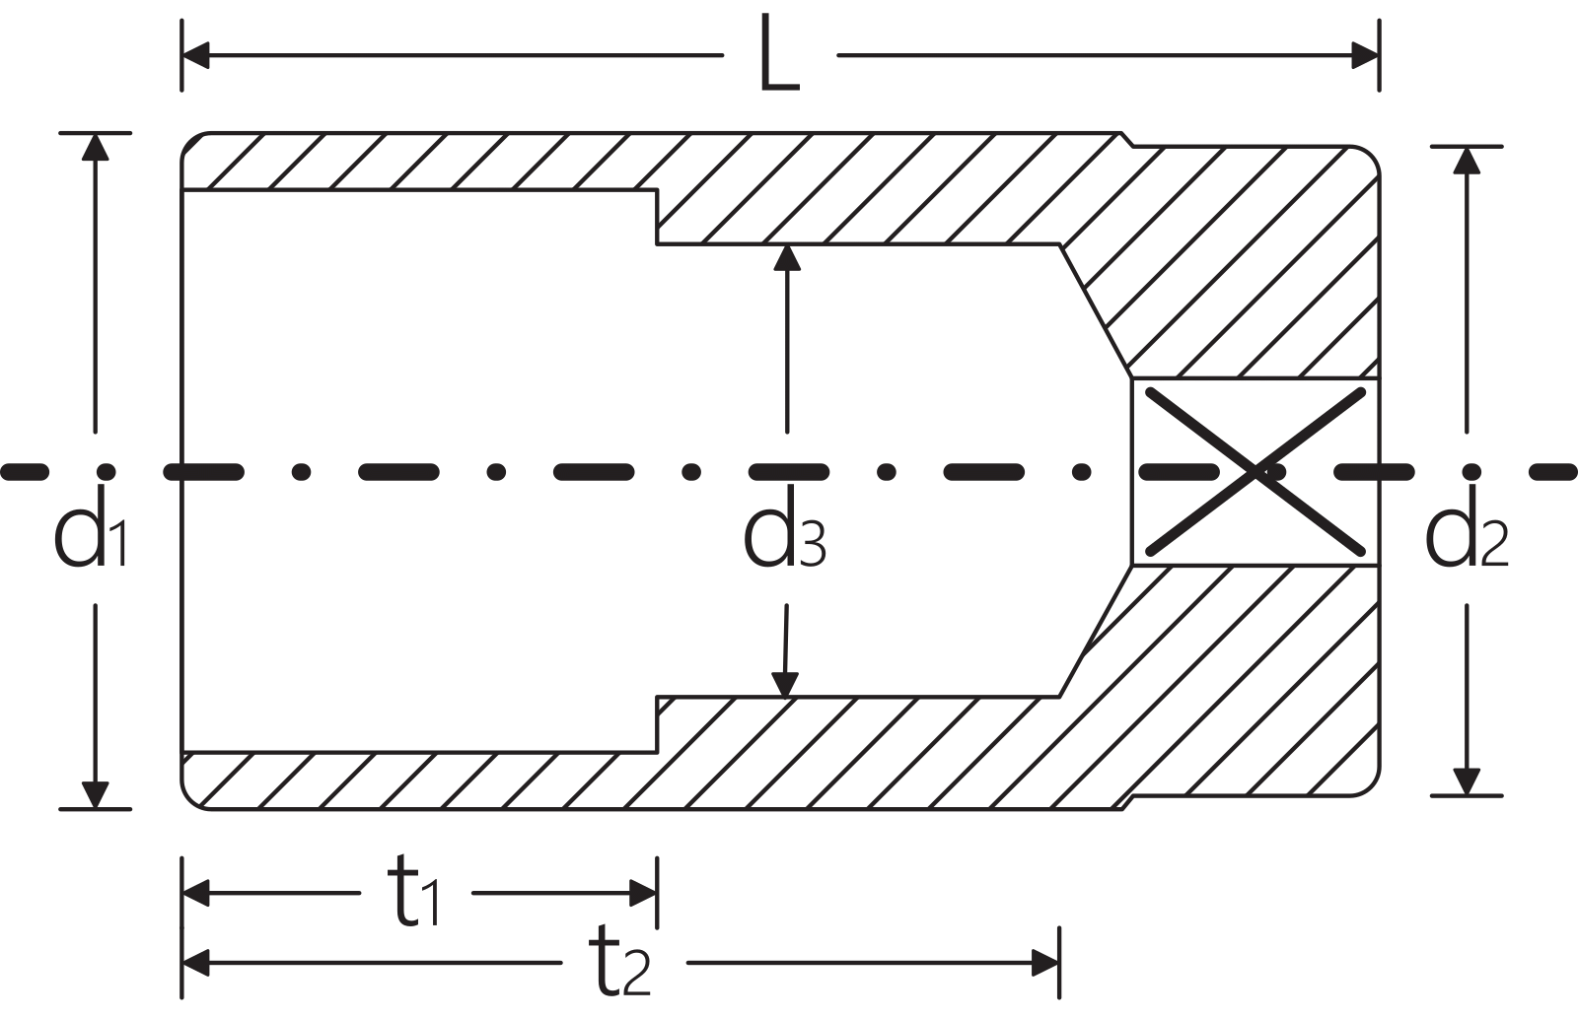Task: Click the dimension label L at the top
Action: pyautogui.click(x=779, y=55)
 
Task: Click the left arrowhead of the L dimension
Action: pyautogui.click(x=196, y=55)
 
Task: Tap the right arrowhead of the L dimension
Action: pyautogui.click(x=1365, y=55)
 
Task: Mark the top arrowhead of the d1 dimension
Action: pyautogui.click(x=95, y=147)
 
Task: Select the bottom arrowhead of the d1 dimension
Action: pyautogui.click(x=95, y=795)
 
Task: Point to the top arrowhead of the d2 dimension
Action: pyautogui.click(x=1466, y=161)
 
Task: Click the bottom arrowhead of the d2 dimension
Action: pyautogui.click(x=1466, y=782)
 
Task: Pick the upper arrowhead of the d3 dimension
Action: pyautogui.click(x=787, y=258)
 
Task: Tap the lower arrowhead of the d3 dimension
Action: pyautogui.click(x=785, y=685)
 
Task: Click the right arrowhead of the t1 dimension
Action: pyautogui.click(x=643, y=893)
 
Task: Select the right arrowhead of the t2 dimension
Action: pyautogui.click(x=1045, y=963)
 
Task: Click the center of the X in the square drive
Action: pyautogui.click(x=1255, y=472)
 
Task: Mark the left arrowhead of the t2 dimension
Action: pyautogui.click(x=196, y=963)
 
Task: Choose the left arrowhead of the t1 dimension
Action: pyautogui.click(x=196, y=893)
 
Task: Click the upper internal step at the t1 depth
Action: pyautogui.click(x=657, y=217)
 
